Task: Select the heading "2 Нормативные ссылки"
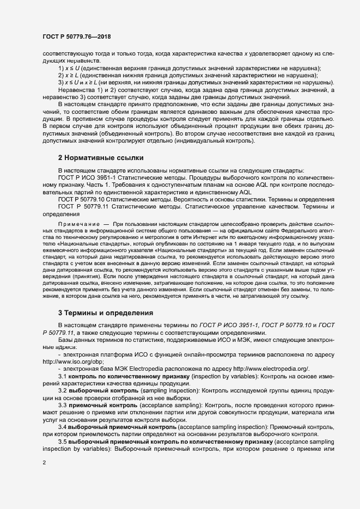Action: (x=101, y=158)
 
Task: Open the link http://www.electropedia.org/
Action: (x=273, y=369)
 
